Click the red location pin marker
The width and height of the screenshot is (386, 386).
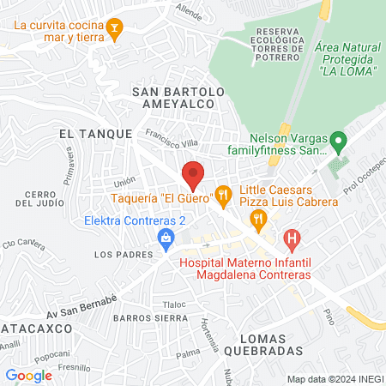193,174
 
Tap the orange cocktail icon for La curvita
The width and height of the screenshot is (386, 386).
113,32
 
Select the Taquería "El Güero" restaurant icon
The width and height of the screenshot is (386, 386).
223,197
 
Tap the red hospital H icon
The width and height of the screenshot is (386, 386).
293,238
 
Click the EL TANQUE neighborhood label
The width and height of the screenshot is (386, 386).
95,134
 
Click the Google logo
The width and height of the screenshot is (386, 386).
29,375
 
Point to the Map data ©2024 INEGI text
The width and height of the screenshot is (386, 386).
333,378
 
